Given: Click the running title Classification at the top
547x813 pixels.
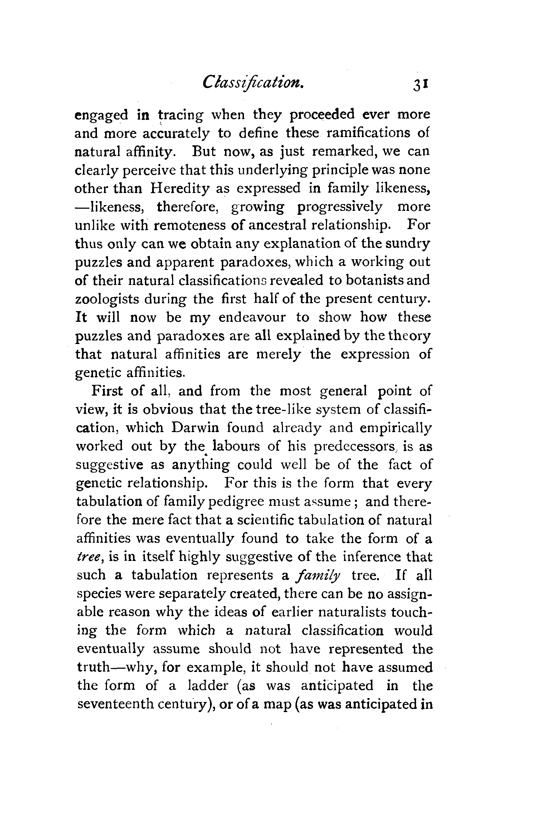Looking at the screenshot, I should coord(253,84).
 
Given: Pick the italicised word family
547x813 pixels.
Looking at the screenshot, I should coord(318,575).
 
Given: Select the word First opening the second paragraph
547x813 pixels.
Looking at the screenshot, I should coord(107,391).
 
